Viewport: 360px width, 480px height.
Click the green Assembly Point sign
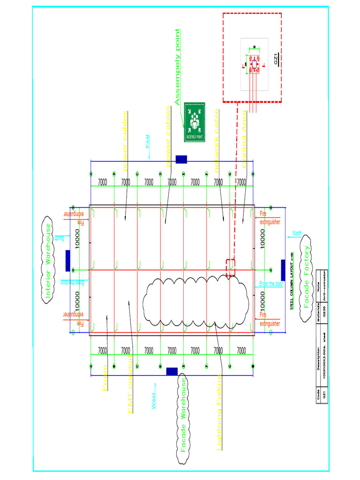click(x=195, y=122)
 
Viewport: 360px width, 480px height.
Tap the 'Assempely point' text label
click(x=177, y=67)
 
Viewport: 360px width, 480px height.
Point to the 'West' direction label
click(x=153, y=402)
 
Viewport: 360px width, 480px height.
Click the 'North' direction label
click(x=297, y=233)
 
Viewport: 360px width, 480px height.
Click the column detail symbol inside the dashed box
click(x=254, y=64)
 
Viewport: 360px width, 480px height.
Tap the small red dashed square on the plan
click(x=230, y=267)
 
